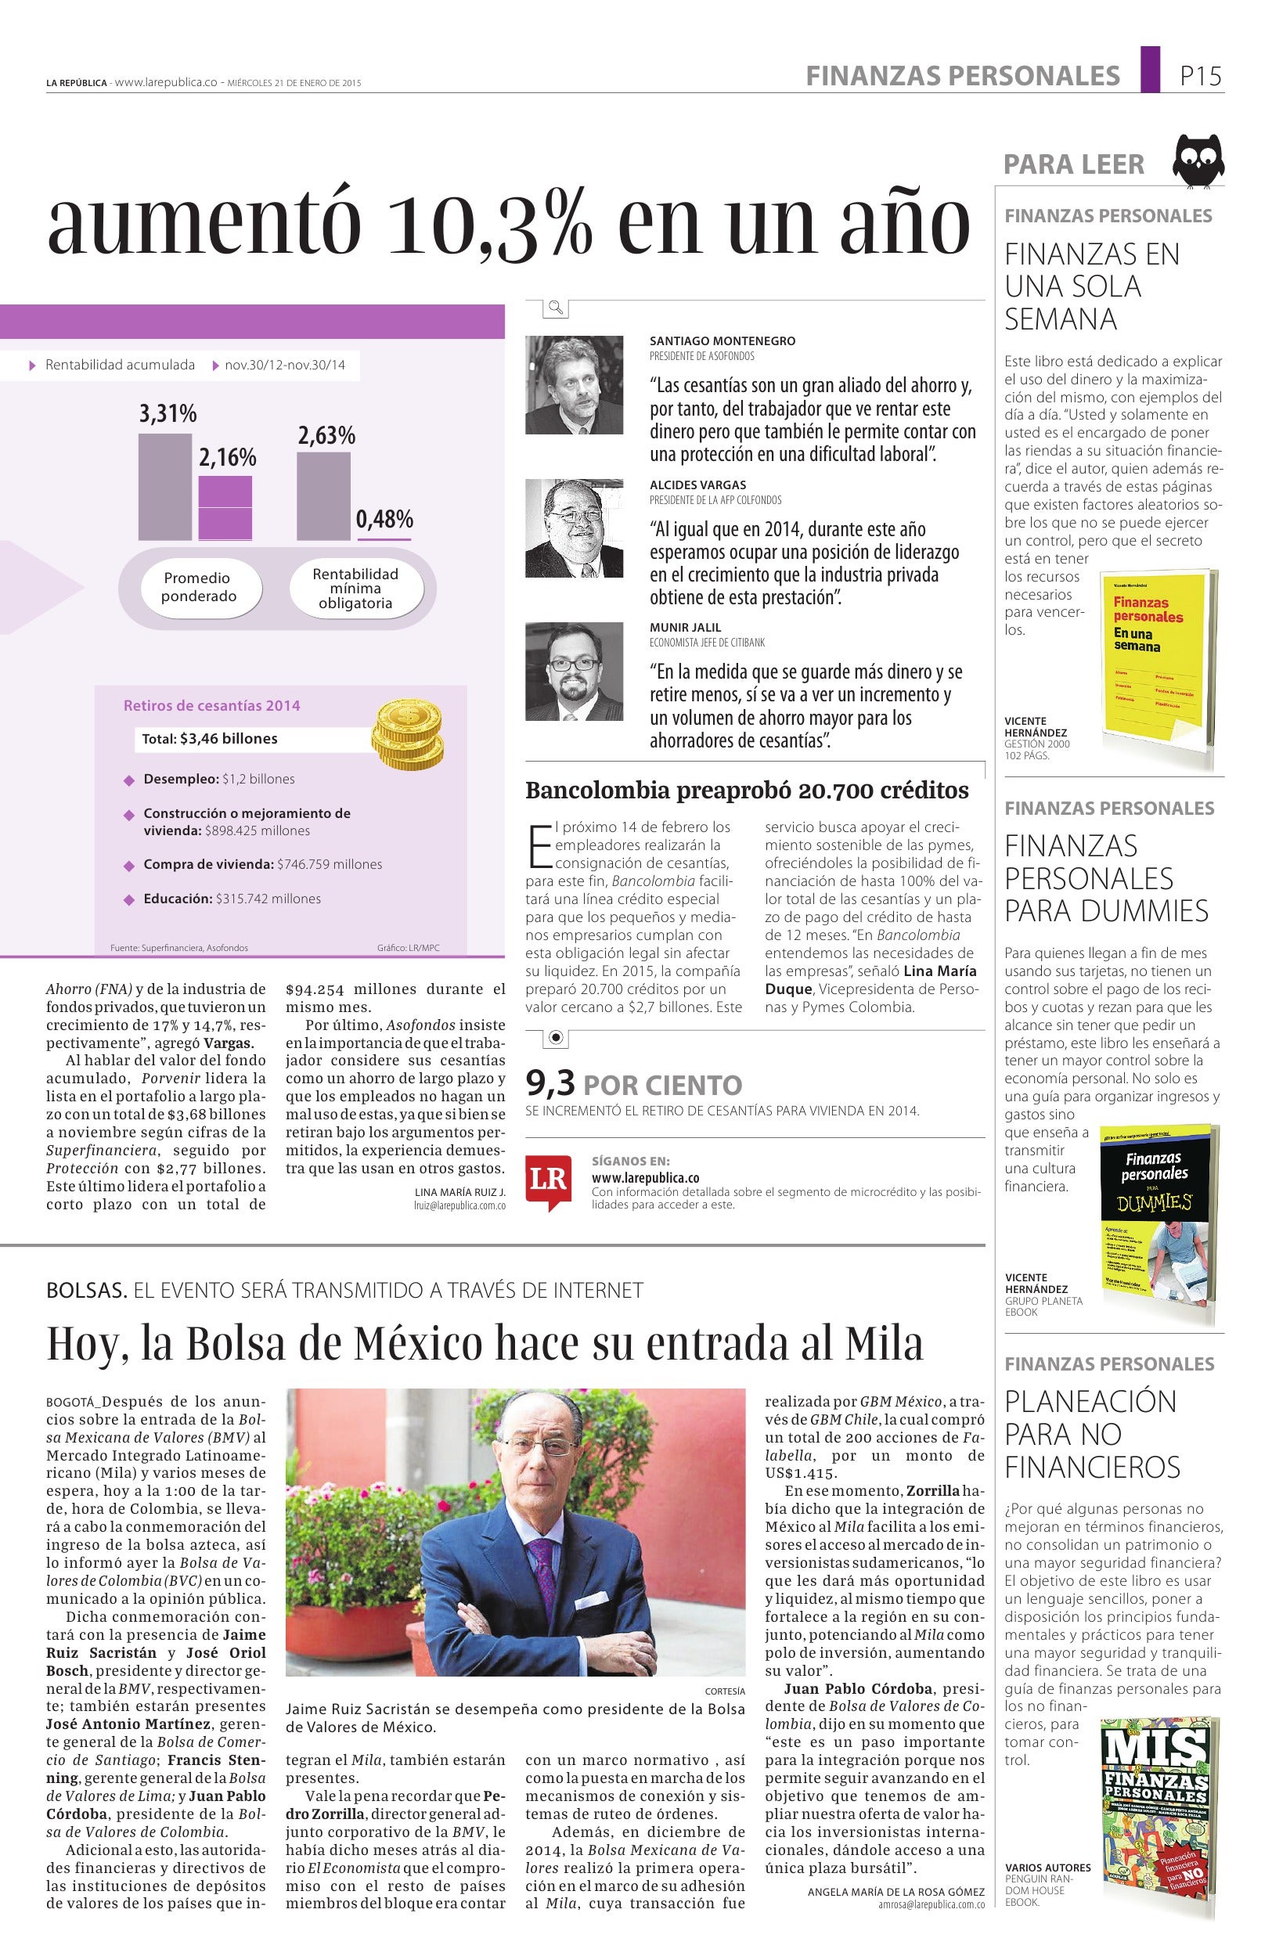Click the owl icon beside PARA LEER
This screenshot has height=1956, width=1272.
1198,161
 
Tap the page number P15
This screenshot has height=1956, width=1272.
1201,77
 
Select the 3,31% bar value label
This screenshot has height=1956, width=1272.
168,413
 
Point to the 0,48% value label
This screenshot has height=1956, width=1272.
384,520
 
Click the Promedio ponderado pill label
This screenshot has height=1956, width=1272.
198,587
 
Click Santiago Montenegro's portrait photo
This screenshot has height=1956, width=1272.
574,384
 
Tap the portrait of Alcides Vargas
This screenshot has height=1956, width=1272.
574,528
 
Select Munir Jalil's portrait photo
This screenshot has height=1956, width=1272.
574,672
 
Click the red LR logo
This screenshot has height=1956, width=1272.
548,1181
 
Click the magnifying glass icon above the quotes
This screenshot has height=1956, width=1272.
557,308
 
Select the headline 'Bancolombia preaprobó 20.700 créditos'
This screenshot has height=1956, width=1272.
747,791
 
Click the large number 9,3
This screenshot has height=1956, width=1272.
550,1085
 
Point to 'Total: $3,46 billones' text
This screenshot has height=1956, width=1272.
210,739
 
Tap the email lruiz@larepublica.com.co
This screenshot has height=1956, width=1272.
459,1205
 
